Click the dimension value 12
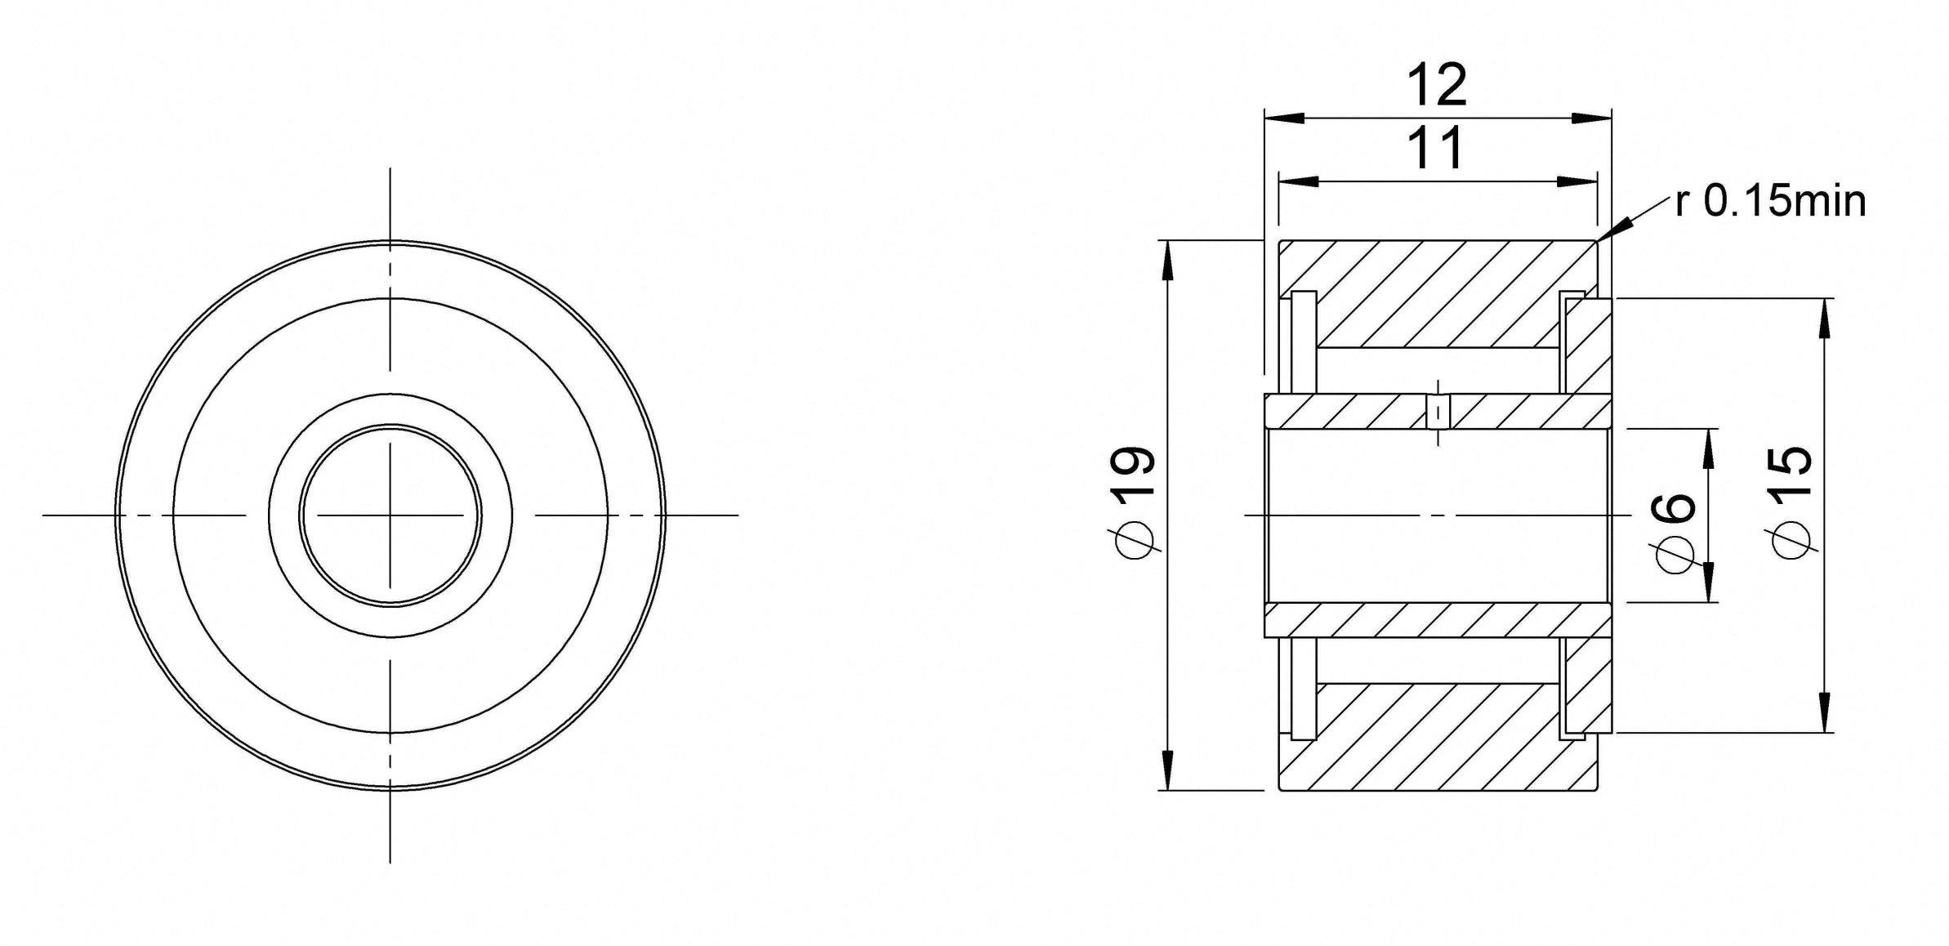point(1436,85)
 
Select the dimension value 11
point(1436,149)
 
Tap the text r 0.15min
point(1770,201)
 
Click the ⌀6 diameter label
point(1675,533)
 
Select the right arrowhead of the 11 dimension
point(1577,181)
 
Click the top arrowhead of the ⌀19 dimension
point(1167,261)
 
